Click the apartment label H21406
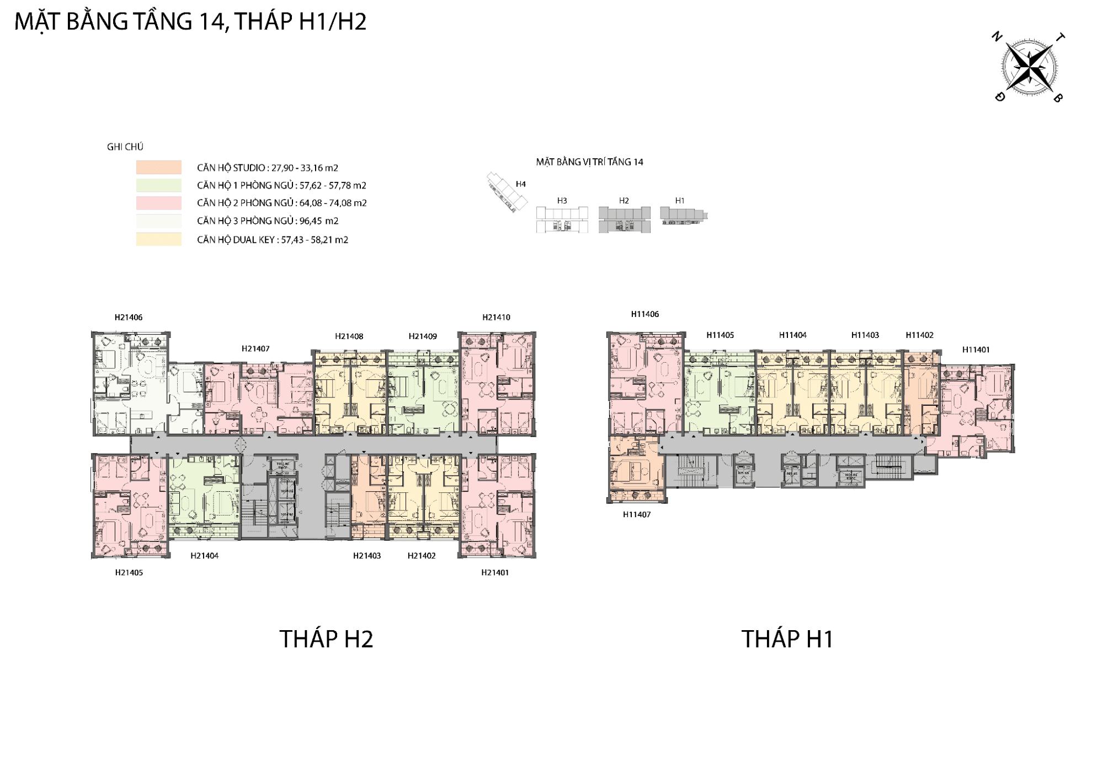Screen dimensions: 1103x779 129,318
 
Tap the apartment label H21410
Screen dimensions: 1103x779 496,318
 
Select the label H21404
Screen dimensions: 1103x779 204,556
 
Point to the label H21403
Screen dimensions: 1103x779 367,556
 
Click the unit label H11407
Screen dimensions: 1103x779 637,514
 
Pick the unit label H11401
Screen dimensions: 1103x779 976,350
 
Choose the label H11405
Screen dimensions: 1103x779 720,335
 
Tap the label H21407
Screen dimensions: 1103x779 255,348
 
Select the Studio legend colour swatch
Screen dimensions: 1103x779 159,168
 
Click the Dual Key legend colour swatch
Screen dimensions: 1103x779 159,239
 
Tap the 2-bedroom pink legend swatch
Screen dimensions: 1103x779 159,203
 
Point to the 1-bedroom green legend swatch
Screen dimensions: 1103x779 159,185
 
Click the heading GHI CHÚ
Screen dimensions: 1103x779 125,147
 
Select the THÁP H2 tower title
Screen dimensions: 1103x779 326,639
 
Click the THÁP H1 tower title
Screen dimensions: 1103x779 787,639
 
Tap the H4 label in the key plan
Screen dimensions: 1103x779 520,184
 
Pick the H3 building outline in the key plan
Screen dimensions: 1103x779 562,219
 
